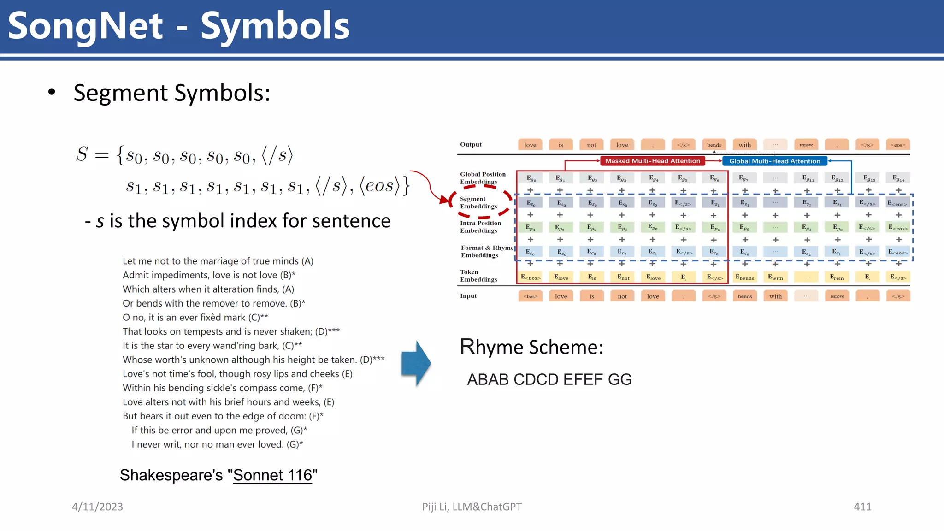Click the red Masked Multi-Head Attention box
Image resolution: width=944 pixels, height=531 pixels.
point(652,161)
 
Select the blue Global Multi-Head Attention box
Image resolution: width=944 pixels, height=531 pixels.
point(774,161)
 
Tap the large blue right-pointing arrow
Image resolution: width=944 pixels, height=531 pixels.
point(416,363)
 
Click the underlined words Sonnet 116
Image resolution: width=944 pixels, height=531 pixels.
point(273,475)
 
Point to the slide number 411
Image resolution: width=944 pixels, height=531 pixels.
point(862,507)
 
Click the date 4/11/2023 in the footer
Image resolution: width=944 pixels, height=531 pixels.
point(97,507)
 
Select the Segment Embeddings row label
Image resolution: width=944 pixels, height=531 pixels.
point(478,202)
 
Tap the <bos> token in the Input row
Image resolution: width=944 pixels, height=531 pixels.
point(530,296)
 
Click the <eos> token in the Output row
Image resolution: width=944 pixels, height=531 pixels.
point(898,145)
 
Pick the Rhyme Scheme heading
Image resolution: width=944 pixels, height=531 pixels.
point(531,347)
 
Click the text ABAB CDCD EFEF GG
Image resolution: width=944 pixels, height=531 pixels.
point(549,379)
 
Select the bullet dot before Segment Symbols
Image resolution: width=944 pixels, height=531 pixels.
point(52,92)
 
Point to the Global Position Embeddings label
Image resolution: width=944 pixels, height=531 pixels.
point(482,177)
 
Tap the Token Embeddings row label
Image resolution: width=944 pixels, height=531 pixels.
point(478,276)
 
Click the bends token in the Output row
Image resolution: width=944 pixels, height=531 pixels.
point(714,145)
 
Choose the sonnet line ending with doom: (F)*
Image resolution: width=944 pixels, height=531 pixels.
point(223,416)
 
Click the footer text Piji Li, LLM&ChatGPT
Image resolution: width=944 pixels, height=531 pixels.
point(472,507)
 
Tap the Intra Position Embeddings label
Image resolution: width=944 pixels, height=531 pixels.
point(480,227)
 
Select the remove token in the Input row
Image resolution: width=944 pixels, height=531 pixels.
point(837,296)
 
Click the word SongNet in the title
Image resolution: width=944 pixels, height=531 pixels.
point(86,26)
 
